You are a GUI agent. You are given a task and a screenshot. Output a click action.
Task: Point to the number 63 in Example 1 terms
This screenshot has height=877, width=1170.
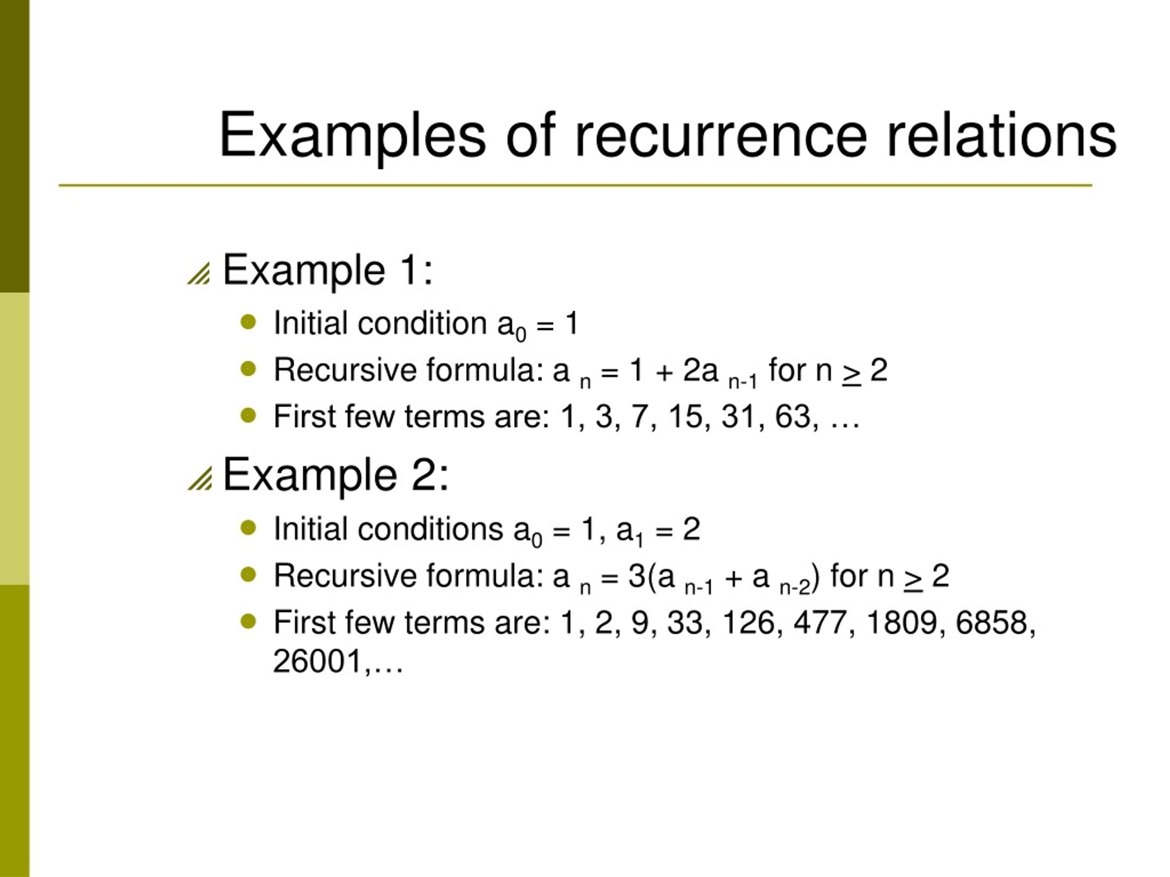[793, 417]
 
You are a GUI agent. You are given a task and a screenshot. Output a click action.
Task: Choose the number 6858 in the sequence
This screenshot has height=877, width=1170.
[991, 623]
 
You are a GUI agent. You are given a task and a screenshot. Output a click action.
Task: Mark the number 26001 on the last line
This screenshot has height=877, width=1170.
[317, 661]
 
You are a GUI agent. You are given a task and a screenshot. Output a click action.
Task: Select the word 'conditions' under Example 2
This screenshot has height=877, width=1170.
[430, 529]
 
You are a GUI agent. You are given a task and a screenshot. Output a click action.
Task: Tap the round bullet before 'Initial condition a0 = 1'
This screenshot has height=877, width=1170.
[248, 322]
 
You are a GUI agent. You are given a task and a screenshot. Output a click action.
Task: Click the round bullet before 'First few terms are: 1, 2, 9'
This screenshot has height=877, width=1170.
[248, 621]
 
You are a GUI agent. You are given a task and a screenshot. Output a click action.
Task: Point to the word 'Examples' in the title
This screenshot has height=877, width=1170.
[352, 135]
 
